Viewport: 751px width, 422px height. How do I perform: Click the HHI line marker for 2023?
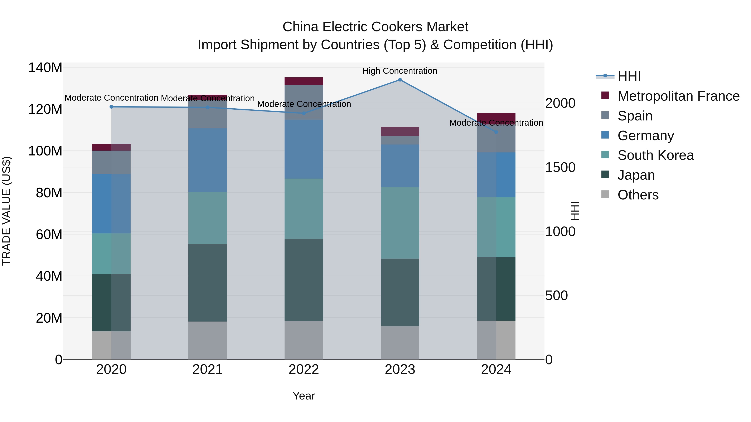(400, 80)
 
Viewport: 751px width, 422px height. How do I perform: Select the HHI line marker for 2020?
(111, 107)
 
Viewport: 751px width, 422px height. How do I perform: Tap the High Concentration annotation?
(400, 71)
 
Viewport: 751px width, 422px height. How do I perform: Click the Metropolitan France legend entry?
(678, 96)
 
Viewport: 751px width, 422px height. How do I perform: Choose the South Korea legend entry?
(655, 155)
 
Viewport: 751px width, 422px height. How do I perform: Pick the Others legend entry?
(638, 195)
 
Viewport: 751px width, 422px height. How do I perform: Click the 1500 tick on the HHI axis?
(560, 168)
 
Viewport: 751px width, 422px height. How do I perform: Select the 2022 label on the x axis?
(304, 369)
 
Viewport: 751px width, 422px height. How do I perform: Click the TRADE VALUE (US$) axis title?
(6, 211)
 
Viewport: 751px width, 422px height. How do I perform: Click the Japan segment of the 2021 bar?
(208, 283)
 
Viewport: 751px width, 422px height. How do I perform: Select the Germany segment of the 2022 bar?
(304, 149)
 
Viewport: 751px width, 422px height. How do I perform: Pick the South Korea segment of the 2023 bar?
(400, 223)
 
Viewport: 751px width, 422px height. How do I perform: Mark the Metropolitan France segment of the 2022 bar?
(304, 81)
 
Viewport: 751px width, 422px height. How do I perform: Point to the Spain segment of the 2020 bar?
(111, 162)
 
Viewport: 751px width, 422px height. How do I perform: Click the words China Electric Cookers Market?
(375, 27)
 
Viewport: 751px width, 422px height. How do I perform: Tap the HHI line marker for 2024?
(496, 132)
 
